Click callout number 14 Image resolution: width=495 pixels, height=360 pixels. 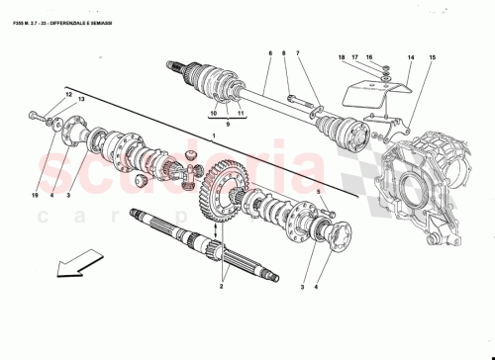click(x=411, y=58)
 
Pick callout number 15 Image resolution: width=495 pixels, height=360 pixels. click(x=431, y=58)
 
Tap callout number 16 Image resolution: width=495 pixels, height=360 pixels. click(x=397, y=58)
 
